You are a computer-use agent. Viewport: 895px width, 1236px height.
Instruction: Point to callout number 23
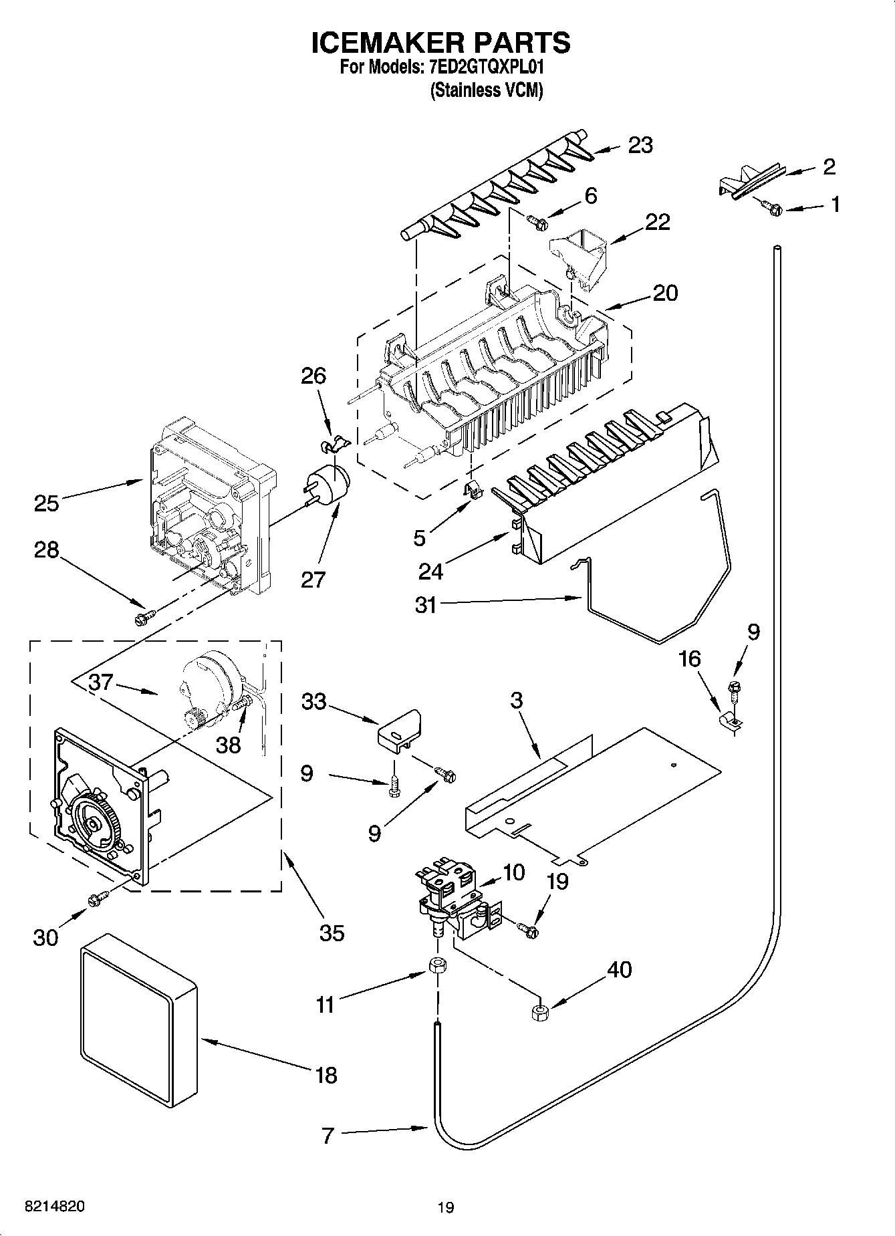click(x=640, y=145)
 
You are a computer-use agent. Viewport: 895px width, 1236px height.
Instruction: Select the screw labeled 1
click(x=773, y=209)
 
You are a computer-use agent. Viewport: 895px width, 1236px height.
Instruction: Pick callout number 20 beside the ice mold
click(x=664, y=293)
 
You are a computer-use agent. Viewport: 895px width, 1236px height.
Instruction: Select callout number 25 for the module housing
click(x=47, y=503)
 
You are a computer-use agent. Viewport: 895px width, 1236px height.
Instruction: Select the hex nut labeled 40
click(x=539, y=1013)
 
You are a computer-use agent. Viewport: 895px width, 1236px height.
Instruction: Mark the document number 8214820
click(x=54, y=1207)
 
